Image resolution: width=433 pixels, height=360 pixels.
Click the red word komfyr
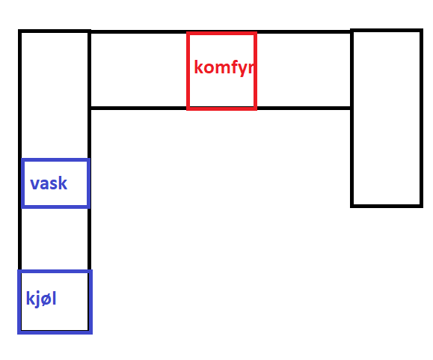[224, 67]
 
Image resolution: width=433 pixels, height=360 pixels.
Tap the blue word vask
[49, 183]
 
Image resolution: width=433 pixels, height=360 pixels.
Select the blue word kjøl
[41, 299]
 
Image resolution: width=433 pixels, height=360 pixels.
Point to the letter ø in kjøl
[46, 300]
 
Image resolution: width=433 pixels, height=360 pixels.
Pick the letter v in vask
[34, 184]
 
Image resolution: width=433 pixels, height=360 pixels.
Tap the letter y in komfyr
[245, 70]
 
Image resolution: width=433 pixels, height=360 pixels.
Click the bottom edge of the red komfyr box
[222, 109]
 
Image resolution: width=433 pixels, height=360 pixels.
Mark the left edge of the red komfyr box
[188, 71]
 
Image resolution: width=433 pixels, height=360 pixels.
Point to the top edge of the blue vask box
[55, 160]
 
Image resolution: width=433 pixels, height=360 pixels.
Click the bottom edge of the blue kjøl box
[55, 332]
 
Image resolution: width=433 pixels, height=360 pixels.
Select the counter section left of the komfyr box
[138, 70]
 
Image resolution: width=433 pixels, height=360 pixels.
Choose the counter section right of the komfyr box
[304, 70]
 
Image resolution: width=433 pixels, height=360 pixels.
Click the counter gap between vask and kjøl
[55, 239]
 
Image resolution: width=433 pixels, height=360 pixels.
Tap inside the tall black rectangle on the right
[387, 118]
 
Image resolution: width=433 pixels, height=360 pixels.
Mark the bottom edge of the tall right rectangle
[387, 206]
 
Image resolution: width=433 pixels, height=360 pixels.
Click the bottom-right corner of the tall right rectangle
[422, 207]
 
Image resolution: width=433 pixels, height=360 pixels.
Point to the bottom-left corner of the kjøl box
[19, 332]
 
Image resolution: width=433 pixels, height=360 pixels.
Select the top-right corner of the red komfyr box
[255, 34]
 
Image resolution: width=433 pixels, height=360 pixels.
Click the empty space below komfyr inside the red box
[222, 91]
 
